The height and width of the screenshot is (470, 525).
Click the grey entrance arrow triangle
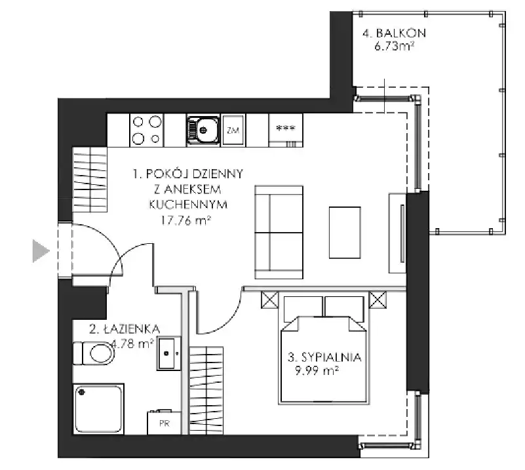(x=40, y=251)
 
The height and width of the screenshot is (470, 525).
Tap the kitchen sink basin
(x=203, y=130)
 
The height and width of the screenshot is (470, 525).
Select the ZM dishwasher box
(x=233, y=130)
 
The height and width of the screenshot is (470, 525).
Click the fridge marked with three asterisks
(x=286, y=130)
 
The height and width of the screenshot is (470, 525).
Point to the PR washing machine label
(x=165, y=423)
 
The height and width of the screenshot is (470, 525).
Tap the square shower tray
(x=98, y=409)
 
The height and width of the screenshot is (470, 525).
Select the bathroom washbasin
(x=168, y=353)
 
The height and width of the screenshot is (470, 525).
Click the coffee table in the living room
(x=345, y=233)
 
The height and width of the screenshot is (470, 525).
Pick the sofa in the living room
(x=279, y=232)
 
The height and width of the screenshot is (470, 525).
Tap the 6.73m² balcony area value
(x=395, y=45)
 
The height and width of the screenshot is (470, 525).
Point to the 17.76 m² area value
(x=186, y=220)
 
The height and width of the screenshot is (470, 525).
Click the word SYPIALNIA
(x=332, y=357)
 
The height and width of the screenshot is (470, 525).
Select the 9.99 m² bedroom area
(x=317, y=370)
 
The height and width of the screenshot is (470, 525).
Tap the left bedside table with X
(x=269, y=300)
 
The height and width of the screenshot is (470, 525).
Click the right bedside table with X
(x=378, y=300)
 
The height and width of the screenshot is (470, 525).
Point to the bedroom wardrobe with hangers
(x=206, y=391)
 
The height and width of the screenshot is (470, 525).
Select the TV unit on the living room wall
(x=397, y=233)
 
